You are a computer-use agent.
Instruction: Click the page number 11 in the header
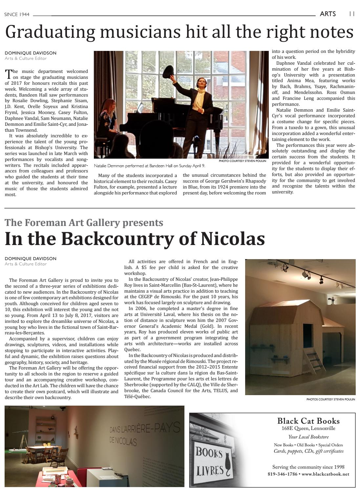(x=351, y=14)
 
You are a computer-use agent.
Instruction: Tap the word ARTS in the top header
(x=328, y=14)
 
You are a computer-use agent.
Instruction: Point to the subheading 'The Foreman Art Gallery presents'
(x=84, y=223)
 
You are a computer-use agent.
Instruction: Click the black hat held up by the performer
(x=168, y=71)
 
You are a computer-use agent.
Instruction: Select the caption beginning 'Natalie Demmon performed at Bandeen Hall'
(x=149, y=166)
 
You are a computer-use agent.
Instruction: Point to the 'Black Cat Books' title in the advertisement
(x=308, y=421)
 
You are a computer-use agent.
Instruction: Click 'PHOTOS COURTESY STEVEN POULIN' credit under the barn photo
(x=330, y=399)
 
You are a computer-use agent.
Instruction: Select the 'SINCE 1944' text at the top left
(x=17, y=14)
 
